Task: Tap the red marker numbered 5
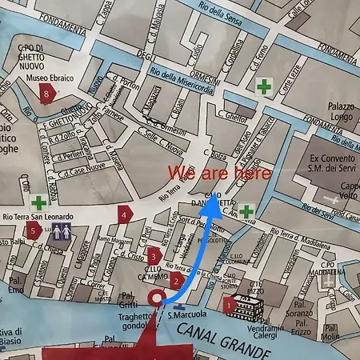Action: [33, 230]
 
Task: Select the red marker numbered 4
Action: [124, 214]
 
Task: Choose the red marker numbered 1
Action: [229, 304]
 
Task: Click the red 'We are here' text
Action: [219, 172]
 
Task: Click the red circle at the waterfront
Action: [157, 300]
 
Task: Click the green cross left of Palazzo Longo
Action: [263, 85]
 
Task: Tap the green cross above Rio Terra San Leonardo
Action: [38, 202]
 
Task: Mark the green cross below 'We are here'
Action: [247, 210]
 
